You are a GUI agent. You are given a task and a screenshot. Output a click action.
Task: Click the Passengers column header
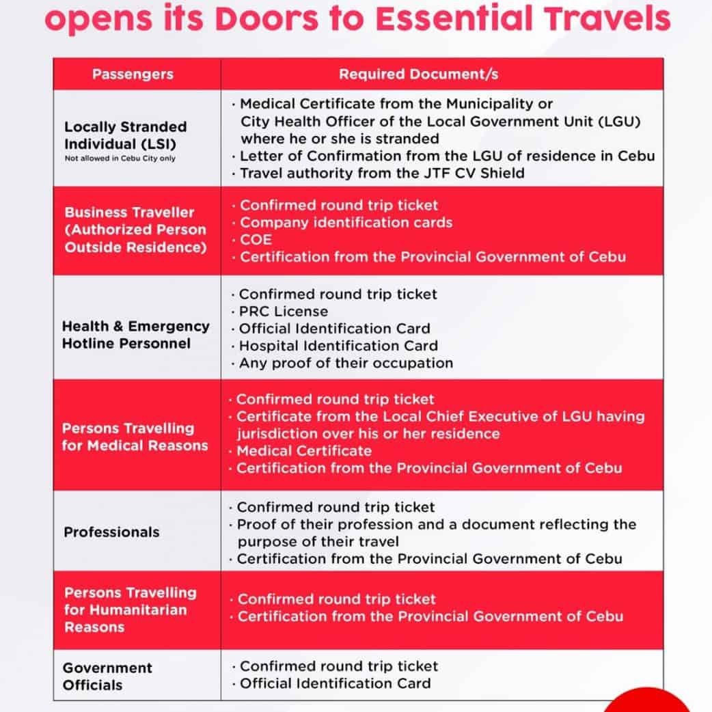[133, 74]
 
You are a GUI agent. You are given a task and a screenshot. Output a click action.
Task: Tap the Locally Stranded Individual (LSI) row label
[125, 135]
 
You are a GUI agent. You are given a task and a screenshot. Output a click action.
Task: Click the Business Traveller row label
[135, 230]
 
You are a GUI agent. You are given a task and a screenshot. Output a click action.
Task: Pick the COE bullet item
[256, 240]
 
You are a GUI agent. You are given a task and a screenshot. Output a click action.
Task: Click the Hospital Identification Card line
[338, 346]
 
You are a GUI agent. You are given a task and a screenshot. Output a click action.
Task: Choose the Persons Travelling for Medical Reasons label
[135, 437]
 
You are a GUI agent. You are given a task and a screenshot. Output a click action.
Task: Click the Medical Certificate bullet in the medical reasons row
[304, 451]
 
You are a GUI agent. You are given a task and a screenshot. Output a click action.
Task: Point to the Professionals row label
[111, 532]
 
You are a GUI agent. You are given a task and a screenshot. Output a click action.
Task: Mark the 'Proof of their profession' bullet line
[437, 525]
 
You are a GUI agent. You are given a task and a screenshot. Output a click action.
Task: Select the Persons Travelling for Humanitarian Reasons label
[130, 610]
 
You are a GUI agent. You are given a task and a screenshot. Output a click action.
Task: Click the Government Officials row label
[107, 676]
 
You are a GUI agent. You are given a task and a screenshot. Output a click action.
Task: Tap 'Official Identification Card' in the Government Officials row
[335, 683]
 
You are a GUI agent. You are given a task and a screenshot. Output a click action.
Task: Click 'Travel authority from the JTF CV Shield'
[382, 173]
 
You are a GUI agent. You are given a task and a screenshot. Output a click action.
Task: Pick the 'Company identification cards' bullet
[346, 223]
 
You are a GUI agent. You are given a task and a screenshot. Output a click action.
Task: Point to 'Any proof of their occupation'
[346, 363]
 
